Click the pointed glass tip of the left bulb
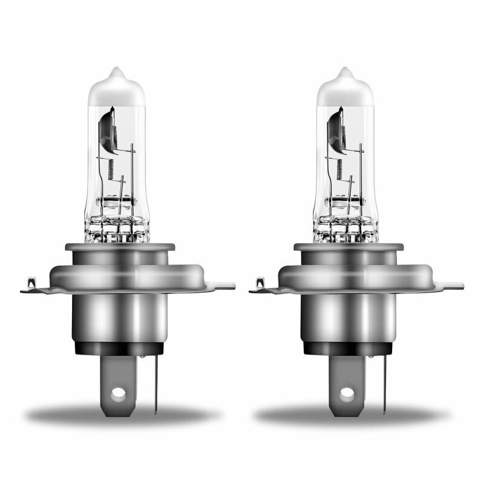pyautogui.click(x=117, y=73)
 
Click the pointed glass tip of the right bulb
pyautogui.click(x=345, y=73)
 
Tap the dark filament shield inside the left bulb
pyautogui.click(x=106, y=128)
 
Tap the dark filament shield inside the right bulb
pyautogui.click(x=335, y=128)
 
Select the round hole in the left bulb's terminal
pyautogui.click(x=119, y=393)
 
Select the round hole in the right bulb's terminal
pyautogui.click(x=347, y=393)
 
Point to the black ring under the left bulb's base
pyautogui.click(x=121, y=348)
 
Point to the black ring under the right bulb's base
pyautogui.click(x=350, y=348)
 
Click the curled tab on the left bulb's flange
pyautogui.click(x=31, y=282)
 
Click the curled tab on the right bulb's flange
pyautogui.click(x=260, y=282)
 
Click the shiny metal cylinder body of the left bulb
pyautogui.click(x=121, y=318)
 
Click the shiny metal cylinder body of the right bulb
pyautogui.click(x=350, y=318)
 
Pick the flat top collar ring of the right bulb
pyautogui.click(x=348, y=247)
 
